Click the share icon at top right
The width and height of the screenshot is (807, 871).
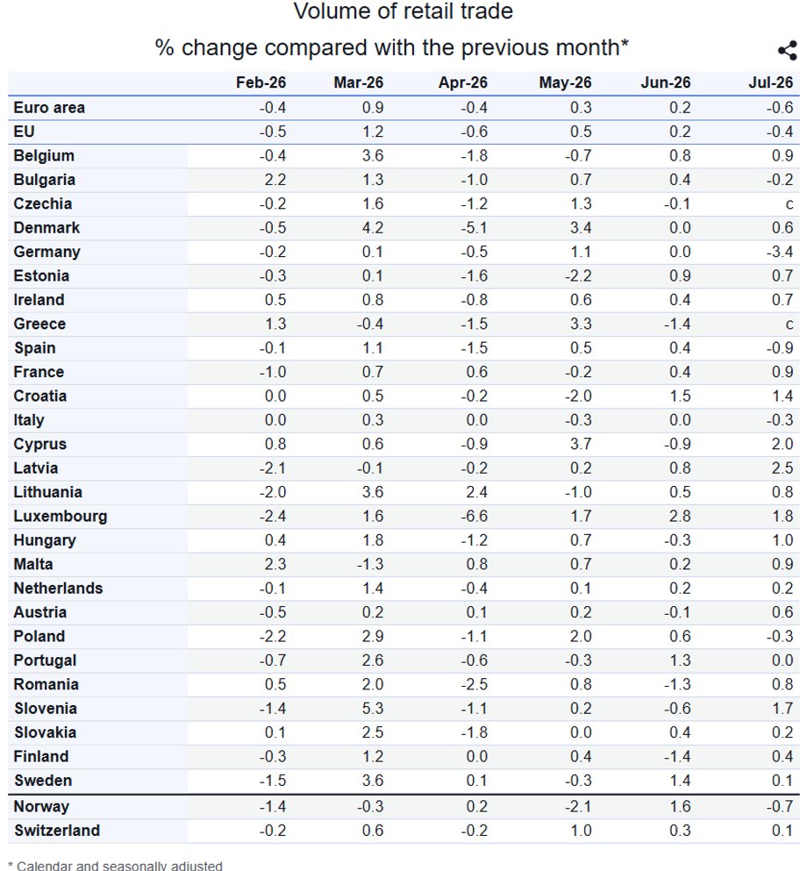787,51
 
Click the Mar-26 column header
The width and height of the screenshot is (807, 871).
358,82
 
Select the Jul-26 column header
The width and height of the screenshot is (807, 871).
770,82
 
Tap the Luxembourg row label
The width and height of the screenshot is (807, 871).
60,516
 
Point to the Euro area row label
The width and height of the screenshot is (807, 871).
49,107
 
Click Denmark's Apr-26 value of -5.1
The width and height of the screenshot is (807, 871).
474,228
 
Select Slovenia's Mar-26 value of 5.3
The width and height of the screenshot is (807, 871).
373,708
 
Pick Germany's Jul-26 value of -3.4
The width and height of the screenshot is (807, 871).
780,252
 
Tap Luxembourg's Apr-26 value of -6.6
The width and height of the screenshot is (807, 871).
474,516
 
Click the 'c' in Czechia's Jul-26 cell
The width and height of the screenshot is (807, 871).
789,204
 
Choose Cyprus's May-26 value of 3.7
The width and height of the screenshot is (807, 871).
581,444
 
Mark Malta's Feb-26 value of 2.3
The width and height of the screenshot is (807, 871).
275,564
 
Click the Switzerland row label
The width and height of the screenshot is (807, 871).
57,831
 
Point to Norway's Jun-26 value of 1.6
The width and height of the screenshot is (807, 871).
681,806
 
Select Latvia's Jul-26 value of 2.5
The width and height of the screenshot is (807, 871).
782,468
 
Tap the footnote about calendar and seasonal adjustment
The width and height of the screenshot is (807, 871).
115,866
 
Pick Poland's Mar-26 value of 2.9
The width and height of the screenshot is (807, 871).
373,636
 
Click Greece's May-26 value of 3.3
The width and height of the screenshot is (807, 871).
581,324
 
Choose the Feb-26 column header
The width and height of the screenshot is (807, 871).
261,82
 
